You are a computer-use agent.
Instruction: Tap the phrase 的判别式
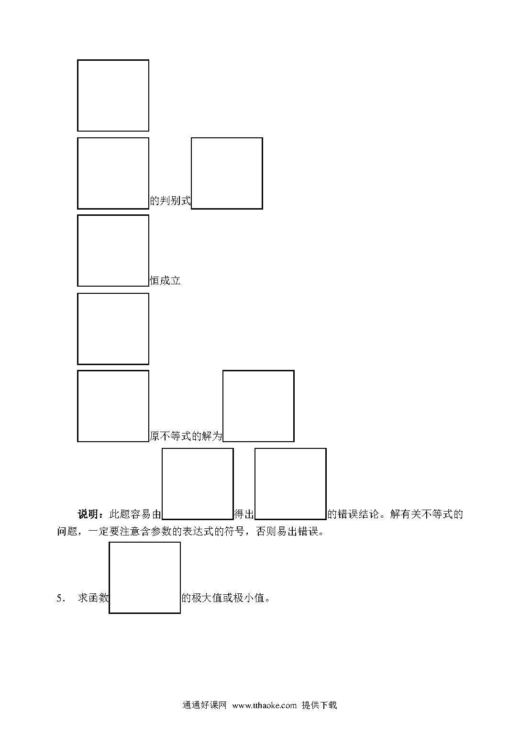(x=170, y=200)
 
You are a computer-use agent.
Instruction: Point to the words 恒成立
(x=166, y=280)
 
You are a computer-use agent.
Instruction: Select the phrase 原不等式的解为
(x=186, y=436)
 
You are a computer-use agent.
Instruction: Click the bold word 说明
(x=88, y=514)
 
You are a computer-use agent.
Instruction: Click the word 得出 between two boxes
(x=244, y=514)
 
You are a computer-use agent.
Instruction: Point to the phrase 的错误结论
(x=353, y=514)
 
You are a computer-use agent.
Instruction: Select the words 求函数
(x=93, y=598)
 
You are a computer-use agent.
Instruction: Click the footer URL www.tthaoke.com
(x=265, y=705)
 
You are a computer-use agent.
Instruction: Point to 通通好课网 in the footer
(x=204, y=705)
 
